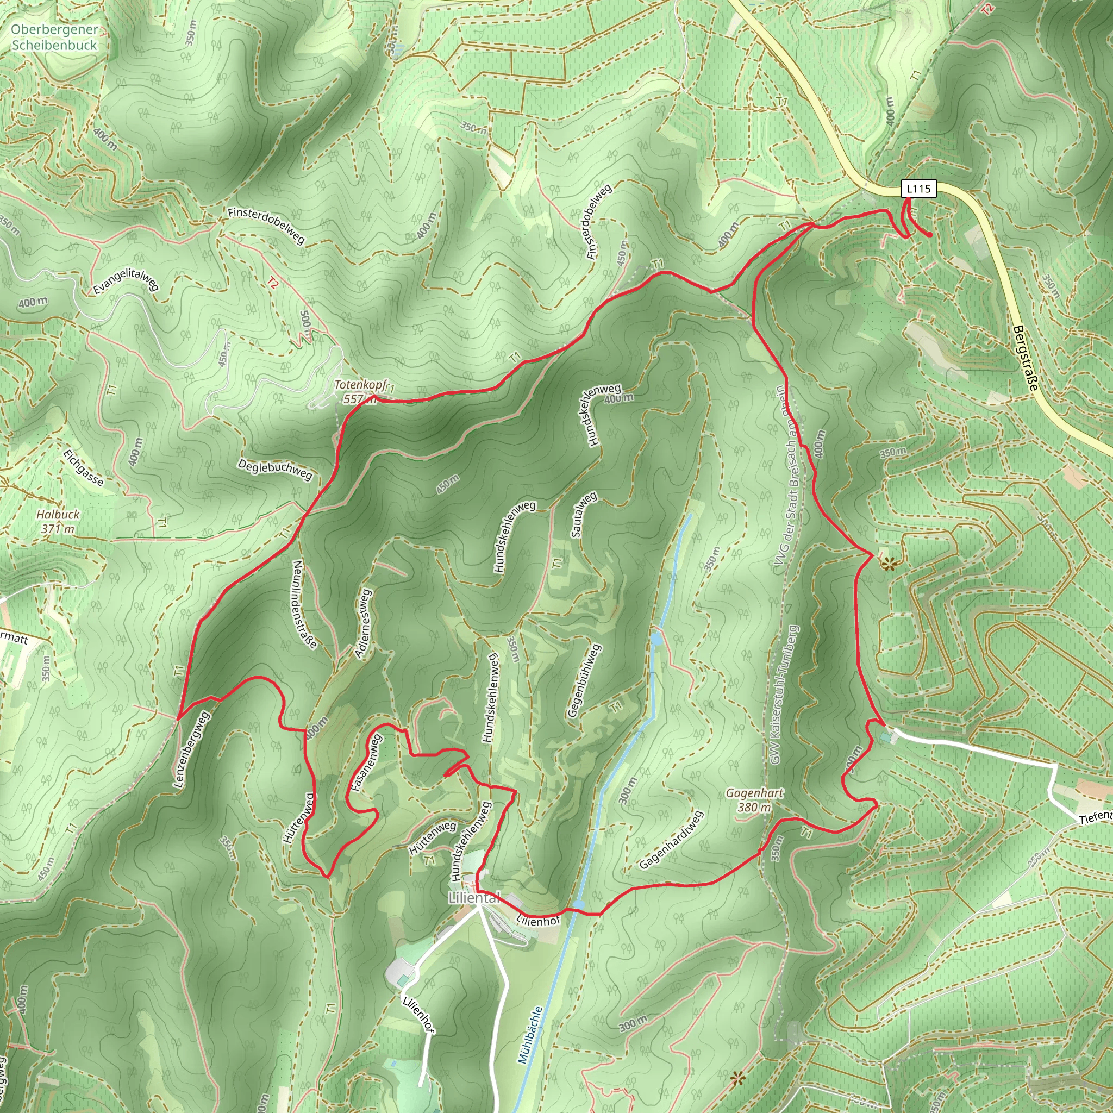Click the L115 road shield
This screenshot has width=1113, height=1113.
[x=918, y=189]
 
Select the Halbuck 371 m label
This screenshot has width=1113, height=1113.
[x=58, y=521]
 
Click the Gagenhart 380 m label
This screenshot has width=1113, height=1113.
[x=754, y=800]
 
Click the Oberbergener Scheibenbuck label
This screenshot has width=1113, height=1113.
[x=54, y=37]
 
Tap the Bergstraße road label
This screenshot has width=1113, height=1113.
[x=1025, y=358]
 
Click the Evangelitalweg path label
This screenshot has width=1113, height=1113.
[x=126, y=281]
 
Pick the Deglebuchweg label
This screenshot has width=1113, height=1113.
[x=275, y=470]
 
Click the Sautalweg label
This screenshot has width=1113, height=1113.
[x=584, y=515]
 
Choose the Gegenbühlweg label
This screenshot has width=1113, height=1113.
[x=584, y=680]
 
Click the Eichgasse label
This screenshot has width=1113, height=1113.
[x=84, y=468]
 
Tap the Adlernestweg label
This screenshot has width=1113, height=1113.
[x=364, y=623]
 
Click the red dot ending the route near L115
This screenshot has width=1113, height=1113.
[x=930, y=235]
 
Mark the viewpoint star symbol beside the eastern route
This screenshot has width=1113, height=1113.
[x=889, y=564]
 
